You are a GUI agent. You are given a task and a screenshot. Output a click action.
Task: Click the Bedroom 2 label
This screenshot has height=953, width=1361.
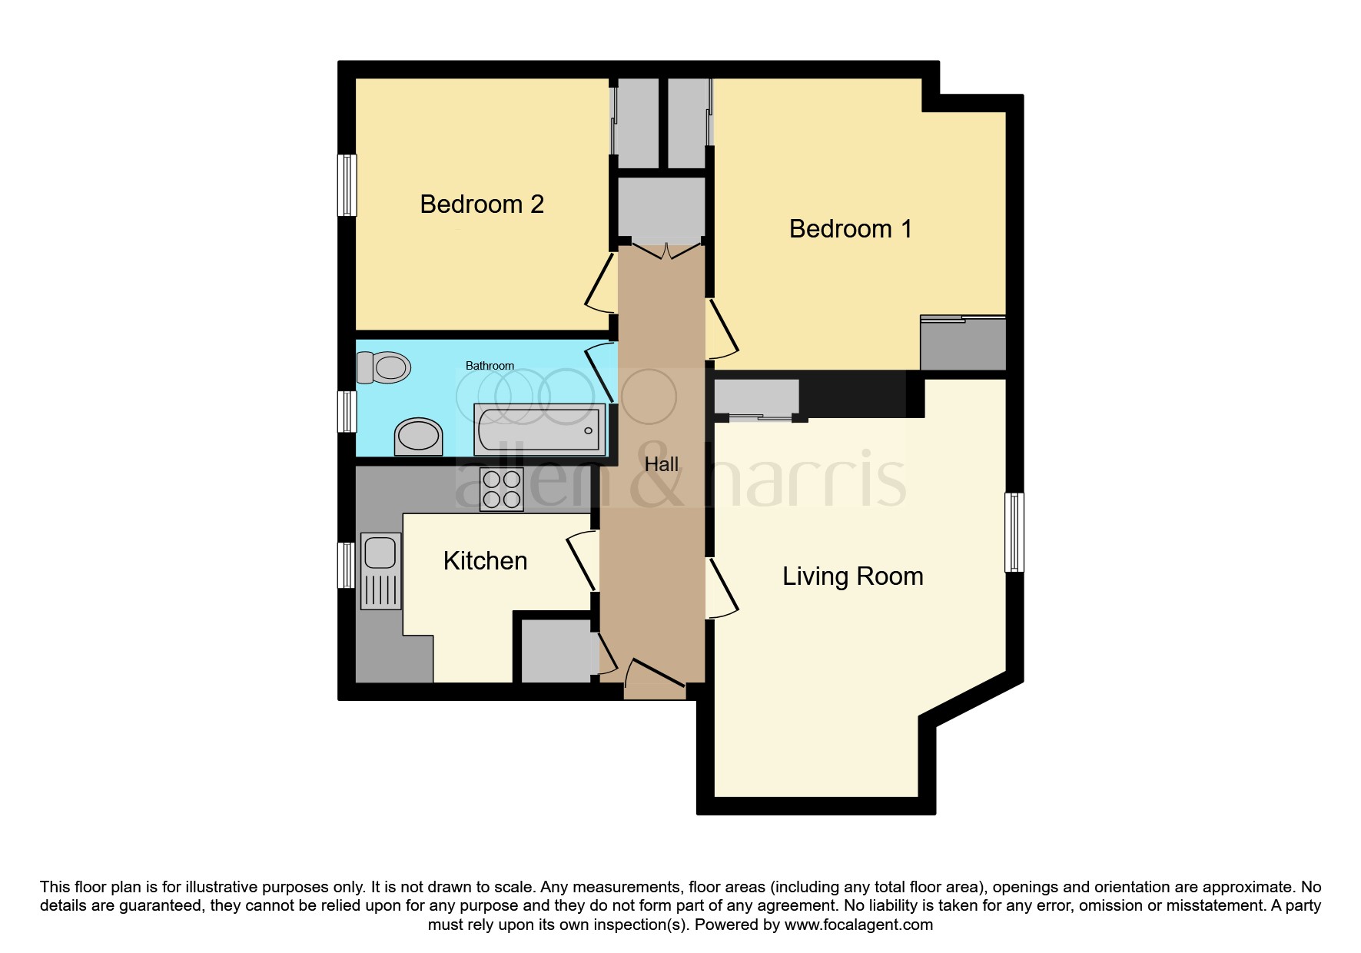tap(482, 204)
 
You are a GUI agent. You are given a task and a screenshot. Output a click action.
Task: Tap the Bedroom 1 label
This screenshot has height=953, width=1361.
tap(850, 229)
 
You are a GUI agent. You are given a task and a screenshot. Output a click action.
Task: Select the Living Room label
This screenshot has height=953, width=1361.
tap(852, 576)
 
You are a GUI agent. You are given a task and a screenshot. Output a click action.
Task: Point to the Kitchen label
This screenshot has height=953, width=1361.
tap(485, 561)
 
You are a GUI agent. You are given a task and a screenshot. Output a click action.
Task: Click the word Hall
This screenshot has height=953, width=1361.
tap(661, 464)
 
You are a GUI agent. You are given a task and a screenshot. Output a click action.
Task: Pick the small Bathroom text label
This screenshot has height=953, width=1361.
tap(490, 366)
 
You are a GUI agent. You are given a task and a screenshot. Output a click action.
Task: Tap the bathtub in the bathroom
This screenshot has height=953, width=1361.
tap(539, 428)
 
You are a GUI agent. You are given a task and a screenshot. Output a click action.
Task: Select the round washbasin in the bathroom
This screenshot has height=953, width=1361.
tap(419, 437)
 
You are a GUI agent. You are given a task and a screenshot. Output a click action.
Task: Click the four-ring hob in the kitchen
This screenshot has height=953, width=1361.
tap(501, 490)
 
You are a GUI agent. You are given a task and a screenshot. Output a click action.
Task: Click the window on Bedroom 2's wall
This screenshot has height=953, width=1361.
tap(348, 185)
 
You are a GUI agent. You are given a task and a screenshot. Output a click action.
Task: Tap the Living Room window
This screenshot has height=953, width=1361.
tap(1014, 532)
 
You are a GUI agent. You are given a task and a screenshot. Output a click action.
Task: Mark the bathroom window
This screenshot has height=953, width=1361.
tap(348, 411)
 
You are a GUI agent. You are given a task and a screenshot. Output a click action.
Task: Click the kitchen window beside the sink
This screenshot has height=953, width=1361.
tap(348, 565)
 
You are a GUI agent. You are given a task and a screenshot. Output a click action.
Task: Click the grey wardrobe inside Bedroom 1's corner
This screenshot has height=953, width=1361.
tap(963, 344)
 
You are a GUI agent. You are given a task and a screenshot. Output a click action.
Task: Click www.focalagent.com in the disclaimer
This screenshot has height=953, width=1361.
tap(858, 925)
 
